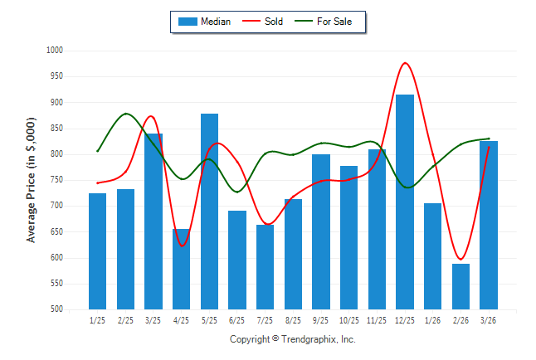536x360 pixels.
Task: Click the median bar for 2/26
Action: pyautogui.click(x=460, y=286)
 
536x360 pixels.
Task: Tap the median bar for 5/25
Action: pyautogui.click(x=209, y=212)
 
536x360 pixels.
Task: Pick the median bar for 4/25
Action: pyautogui.click(x=181, y=269)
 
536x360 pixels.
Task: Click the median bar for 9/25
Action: pyautogui.click(x=321, y=231)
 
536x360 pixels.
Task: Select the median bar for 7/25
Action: pyautogui.click(x=265, y=266)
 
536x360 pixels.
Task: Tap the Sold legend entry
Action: pyautogui.click(x=265, y=22)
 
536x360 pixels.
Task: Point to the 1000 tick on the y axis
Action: pyautogui.click(x=55, y=51)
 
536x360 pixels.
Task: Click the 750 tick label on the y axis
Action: pyautogui.click(x=56, y=180)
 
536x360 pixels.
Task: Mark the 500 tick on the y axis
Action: pyautogui.click(x=56, y=309)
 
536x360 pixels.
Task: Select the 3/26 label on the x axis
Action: pyautogui.click(x=489, y=319)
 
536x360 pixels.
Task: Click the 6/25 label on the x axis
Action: pyautogui.click(x=237, y=319)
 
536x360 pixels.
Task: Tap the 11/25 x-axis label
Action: pyautogui.click(x=377, y=319)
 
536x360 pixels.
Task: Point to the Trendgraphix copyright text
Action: pyautogui.click(x=292, y=339)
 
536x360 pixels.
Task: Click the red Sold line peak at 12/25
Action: pyautogui.click(x=405, y=63)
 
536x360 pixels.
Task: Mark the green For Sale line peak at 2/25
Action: pyautogui.click(x=126, y=114)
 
